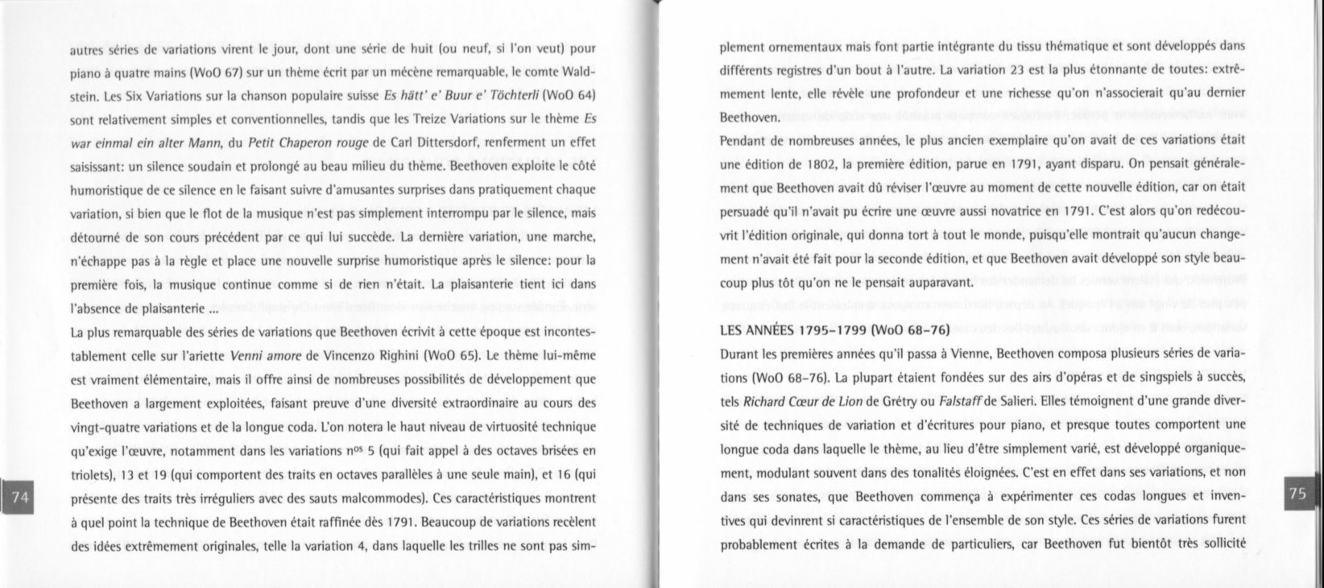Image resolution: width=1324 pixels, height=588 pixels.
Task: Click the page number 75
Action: tap(1297, 494)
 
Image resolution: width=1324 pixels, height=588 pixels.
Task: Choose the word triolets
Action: tap(90, 474)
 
